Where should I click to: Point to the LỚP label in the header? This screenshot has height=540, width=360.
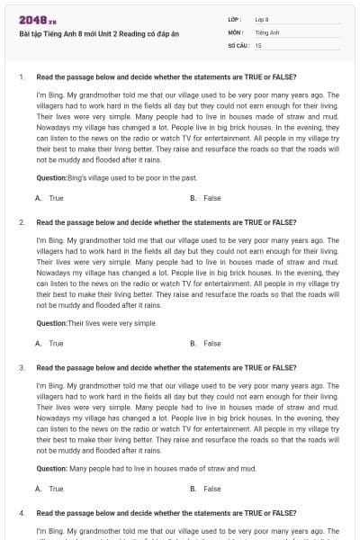[x=235, y=19]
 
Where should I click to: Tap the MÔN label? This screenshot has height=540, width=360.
[x=236, y=31]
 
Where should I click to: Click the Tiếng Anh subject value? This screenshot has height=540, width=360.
[x=266, y=31]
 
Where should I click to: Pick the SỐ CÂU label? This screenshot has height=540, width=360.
[x=238, y=44]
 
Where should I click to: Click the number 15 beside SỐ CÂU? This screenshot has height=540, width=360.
[x=258, y=44]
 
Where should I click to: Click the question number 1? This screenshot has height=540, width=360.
[x=21, y=77]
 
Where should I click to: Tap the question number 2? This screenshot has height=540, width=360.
[x=21, y=221]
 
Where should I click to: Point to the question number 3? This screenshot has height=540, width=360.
[x=21, y=367]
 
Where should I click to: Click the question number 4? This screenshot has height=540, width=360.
[x=21, y=513]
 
